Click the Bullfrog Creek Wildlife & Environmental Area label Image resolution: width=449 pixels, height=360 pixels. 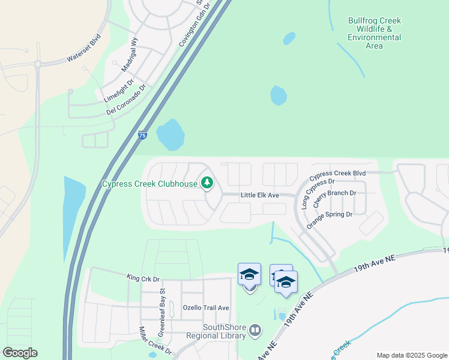click(x=374, y=33)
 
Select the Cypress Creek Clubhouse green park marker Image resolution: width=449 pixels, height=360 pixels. click(x=208, y=182)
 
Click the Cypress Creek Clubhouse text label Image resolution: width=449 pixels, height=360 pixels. click(x=149, y=184)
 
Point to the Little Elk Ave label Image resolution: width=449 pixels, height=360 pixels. click(x=260, y=195)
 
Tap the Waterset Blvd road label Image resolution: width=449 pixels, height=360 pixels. click(x=83, y=47)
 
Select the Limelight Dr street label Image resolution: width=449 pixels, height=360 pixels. click(x=118, y=89)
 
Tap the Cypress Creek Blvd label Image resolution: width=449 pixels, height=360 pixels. click(x=337, y=176)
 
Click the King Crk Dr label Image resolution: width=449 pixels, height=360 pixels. click(x=143, y=278)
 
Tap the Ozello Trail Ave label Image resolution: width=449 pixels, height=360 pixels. click(x=206, y=308)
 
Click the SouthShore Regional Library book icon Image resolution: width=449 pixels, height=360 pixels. click(x=255, y=331)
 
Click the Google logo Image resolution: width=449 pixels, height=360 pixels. click(x=20, y=353)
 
